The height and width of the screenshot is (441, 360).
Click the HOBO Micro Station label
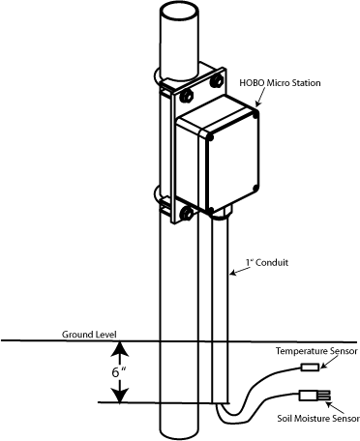280,83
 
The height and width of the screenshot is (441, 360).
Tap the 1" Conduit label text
267,262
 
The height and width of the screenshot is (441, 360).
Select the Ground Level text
89,335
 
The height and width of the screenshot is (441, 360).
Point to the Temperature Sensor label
316,351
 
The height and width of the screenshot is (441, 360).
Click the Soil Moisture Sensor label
318,418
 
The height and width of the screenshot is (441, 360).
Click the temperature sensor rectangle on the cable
310,367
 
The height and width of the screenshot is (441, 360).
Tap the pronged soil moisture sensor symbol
315,396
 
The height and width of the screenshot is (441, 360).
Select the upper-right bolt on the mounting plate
216,81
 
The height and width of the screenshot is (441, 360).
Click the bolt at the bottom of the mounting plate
186,213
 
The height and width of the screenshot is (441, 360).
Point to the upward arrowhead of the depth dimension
120,349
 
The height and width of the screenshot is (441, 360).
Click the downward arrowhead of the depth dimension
120,395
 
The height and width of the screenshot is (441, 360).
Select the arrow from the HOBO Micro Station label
260,97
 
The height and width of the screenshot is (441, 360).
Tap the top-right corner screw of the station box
255,115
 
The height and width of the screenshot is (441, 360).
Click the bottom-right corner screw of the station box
255,188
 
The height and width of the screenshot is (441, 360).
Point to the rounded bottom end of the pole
179,433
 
